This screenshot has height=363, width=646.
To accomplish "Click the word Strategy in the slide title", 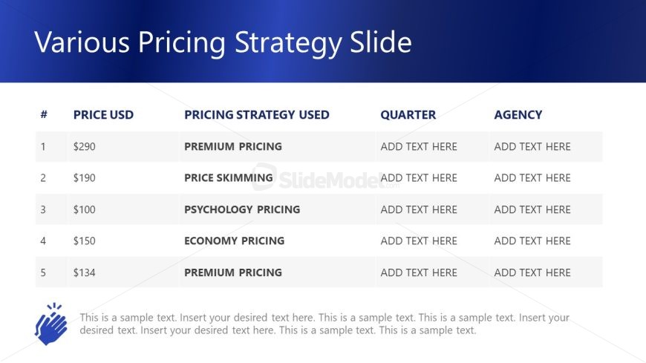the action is point(288,43).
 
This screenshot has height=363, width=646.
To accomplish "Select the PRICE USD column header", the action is point(103,114).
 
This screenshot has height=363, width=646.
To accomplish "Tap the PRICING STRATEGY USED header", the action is point(257,114).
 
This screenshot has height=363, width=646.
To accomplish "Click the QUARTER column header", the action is point(408,114).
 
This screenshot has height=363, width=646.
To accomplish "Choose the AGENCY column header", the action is point(518,114).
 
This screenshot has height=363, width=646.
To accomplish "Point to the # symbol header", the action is point(44,114).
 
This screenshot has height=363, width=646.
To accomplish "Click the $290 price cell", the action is point(85,146).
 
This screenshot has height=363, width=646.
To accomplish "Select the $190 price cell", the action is point(85,177).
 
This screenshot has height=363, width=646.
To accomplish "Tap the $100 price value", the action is point(85,209).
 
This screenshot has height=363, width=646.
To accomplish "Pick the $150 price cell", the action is point(85,241).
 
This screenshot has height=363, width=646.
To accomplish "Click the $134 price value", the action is point(85,272).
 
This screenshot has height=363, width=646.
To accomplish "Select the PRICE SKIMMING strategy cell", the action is point(229,177).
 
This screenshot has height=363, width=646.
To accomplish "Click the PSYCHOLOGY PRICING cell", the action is point(242,209).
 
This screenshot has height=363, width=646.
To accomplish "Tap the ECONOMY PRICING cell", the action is point(235,241).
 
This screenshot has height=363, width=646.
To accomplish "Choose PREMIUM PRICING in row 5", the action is point(233,272).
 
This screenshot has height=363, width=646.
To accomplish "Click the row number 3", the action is point(43,209).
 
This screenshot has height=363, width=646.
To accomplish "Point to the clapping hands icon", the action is point(50,324).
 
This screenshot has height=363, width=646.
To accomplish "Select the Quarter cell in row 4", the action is point(419,241).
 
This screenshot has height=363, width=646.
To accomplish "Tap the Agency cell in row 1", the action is point(532,146).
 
